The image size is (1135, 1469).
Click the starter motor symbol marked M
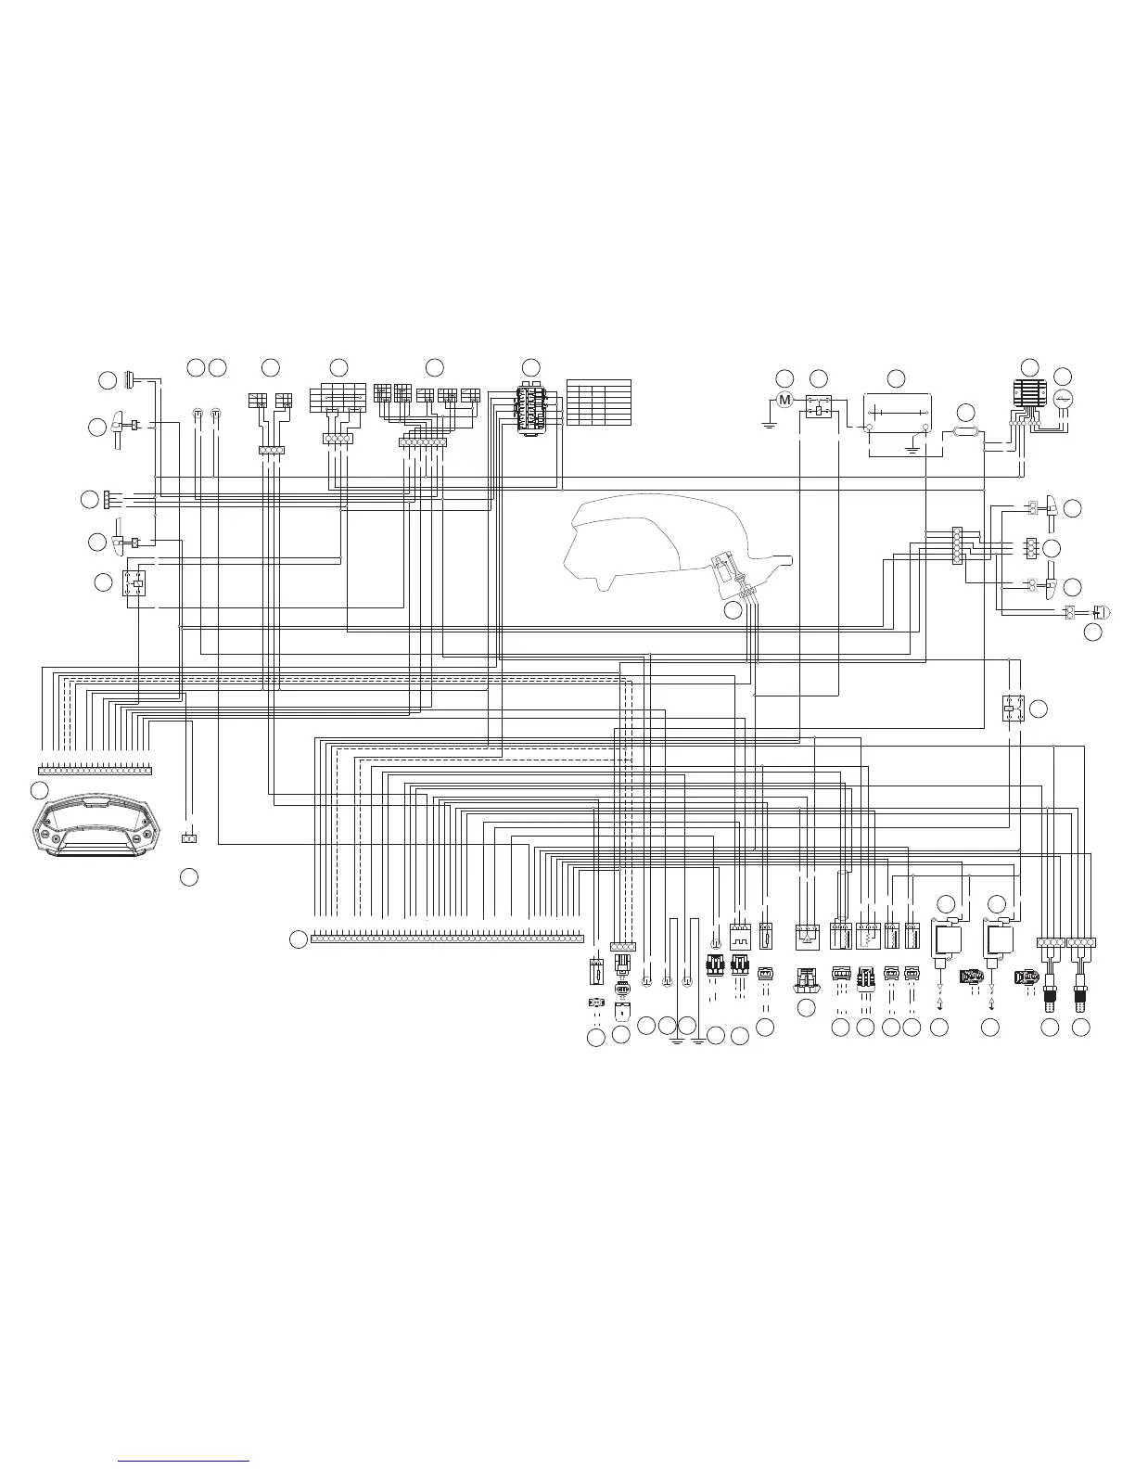pos(784,400)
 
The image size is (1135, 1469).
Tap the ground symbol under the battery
pos(912,448)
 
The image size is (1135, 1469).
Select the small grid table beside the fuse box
pos(598,402)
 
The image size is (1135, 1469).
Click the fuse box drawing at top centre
pos(531,407)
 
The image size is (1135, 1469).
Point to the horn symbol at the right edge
pos(1100,611)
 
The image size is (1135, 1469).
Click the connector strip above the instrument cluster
pos(95,770)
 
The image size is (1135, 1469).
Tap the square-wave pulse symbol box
pos(740,939)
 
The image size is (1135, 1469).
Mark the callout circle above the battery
pos(896,378)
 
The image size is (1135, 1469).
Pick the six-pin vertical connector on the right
pos(958,544)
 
